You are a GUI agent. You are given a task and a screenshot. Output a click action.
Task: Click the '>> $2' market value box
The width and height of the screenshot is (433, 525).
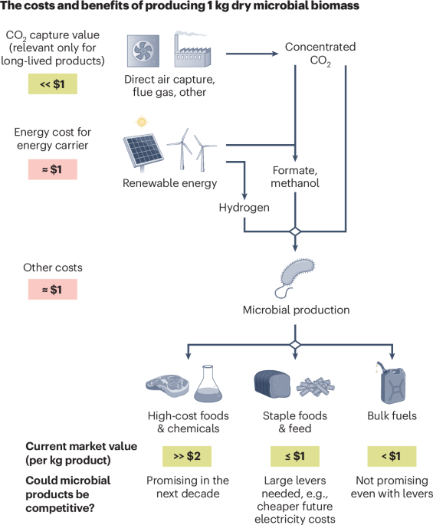click(x=186, y=455)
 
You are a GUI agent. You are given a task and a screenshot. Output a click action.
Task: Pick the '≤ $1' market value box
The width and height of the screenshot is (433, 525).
click(x=295, y=455)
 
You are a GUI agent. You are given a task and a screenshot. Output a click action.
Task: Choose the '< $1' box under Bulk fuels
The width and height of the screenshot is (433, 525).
click(x=392, y=455)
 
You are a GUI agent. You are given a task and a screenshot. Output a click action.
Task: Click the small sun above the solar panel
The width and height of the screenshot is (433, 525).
click(x=140, y=122)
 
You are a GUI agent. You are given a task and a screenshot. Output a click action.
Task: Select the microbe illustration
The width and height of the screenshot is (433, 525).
click(x=296, y=274)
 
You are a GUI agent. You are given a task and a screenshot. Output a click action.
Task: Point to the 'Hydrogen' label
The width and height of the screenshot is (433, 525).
click(x=243, y=208)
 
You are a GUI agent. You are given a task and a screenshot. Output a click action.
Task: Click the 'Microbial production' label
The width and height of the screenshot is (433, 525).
click(x=296, y=310)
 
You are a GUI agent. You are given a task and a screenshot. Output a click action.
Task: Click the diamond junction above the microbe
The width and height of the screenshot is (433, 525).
click(x=296, y=231)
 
